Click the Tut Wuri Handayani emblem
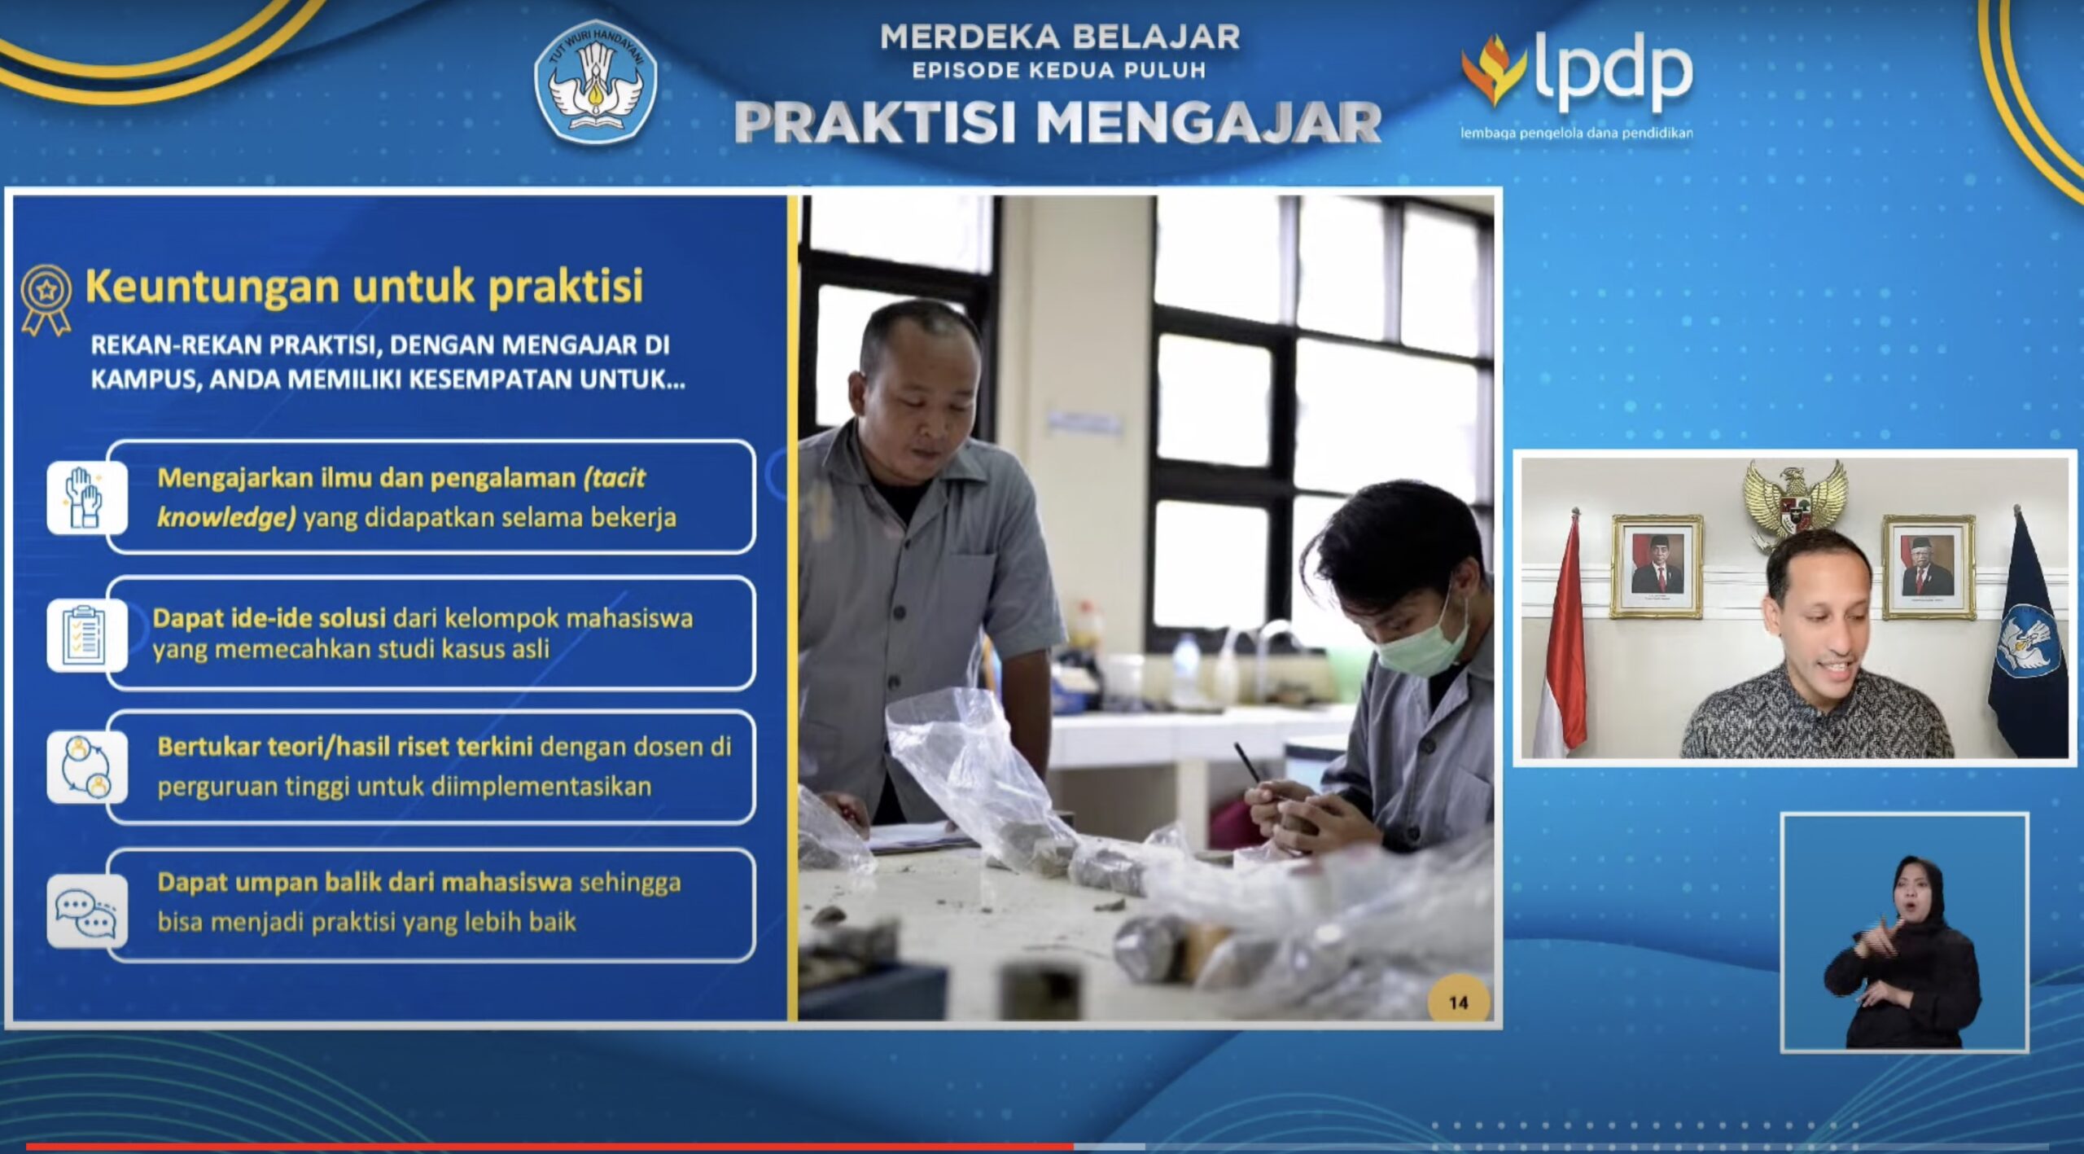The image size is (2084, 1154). (595, 82)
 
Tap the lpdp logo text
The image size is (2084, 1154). (1613, 72)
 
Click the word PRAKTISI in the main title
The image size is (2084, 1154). (876, 123)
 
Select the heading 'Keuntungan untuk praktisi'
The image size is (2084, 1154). (364, 286)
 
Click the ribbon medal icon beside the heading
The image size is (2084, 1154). (46, 299)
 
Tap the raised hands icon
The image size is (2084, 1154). (85, 497)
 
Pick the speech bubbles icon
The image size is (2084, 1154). (85, 911)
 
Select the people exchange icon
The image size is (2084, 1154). (85, 766)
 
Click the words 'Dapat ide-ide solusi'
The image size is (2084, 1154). (269, 618)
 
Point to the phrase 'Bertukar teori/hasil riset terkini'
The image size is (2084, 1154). (345, 747)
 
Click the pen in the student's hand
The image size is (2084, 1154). (1250, 765)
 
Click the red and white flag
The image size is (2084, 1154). (1561, 635)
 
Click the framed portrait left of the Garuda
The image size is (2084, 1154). (1657, 566)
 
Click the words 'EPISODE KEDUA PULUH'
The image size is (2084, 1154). (1059, 71)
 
